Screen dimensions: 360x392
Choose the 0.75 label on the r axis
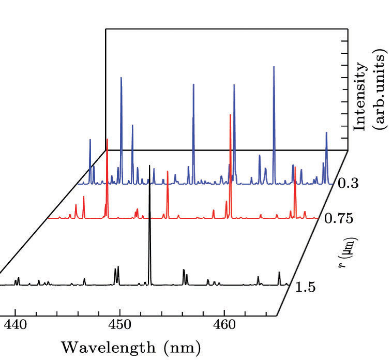(x=339, y=219)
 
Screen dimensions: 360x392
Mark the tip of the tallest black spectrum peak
(x=149, y=166)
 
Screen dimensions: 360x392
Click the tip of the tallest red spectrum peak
(x=230, y=115)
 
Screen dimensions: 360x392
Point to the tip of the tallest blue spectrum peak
(x=274, y=67)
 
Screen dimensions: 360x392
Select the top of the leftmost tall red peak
(x=107, y=140)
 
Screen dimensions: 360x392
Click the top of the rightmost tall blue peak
(x=326, y=133)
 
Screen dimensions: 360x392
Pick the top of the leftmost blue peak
(x=90, y=140)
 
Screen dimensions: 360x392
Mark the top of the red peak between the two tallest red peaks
(x=168, y=171)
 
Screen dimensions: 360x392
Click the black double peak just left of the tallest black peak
(x=116, y=268)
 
